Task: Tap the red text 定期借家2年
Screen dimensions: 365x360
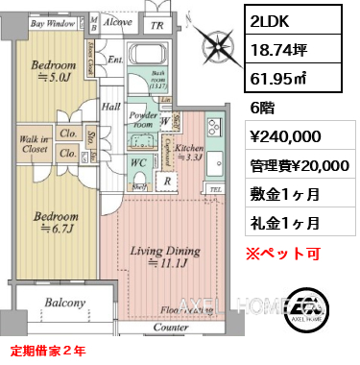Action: click(49, 351)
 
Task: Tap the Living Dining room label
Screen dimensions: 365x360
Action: click(164, 256)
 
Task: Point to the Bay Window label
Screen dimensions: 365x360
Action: click(52, 21)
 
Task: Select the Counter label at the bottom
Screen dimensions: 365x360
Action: click(172, 328)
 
